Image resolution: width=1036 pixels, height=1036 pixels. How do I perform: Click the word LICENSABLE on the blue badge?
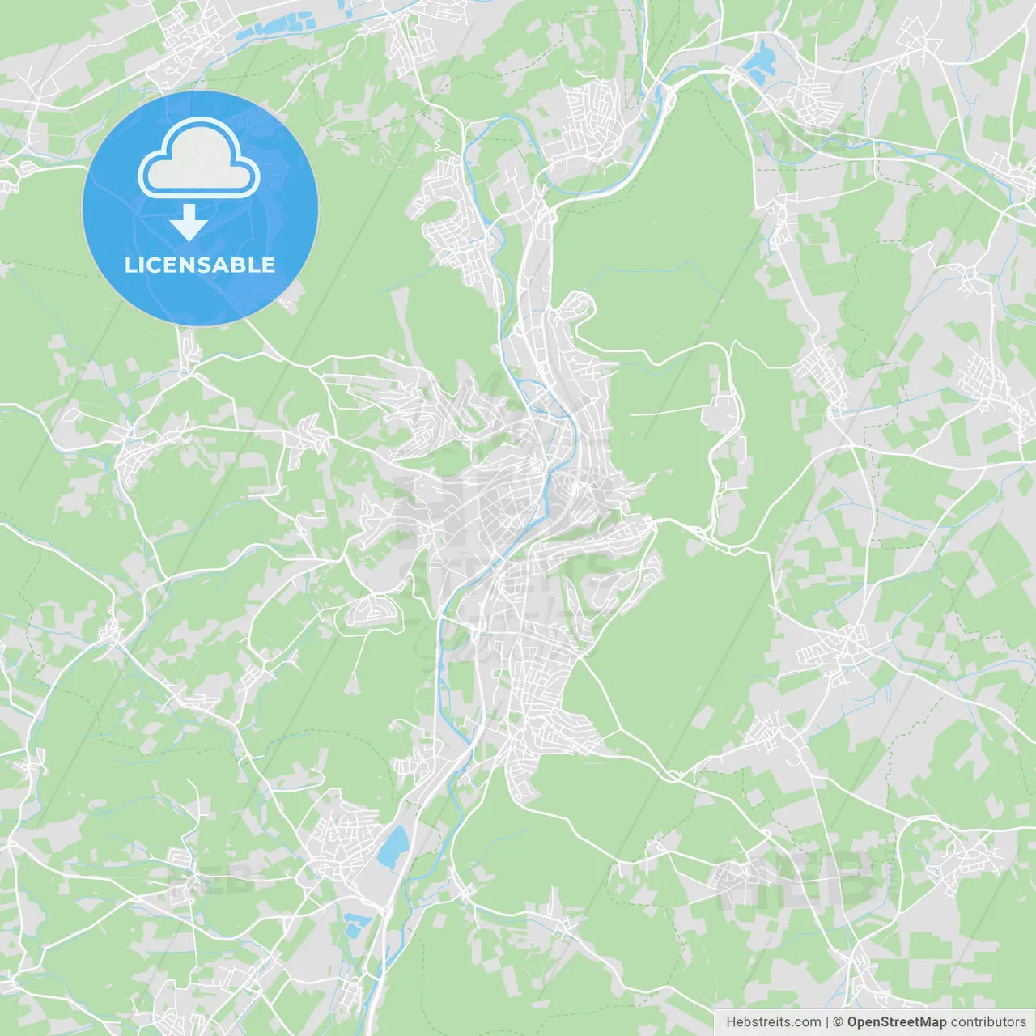[x=200, y=265]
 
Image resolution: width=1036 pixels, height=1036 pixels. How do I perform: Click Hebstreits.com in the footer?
[x=773, y=1022]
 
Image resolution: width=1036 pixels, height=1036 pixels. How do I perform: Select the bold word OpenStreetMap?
[x=896, y=1022]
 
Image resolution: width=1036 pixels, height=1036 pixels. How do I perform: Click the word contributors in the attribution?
[x=988, y=1022]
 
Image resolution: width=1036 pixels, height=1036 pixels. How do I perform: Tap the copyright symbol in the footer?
[x=838, y=1022]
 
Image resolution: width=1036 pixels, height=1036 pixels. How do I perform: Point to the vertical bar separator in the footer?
[x=827, y=1022]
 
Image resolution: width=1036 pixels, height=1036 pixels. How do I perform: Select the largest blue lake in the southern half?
[x=393, y=847]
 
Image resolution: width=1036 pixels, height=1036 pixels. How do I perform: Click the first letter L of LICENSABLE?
[x=129, y=265]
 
